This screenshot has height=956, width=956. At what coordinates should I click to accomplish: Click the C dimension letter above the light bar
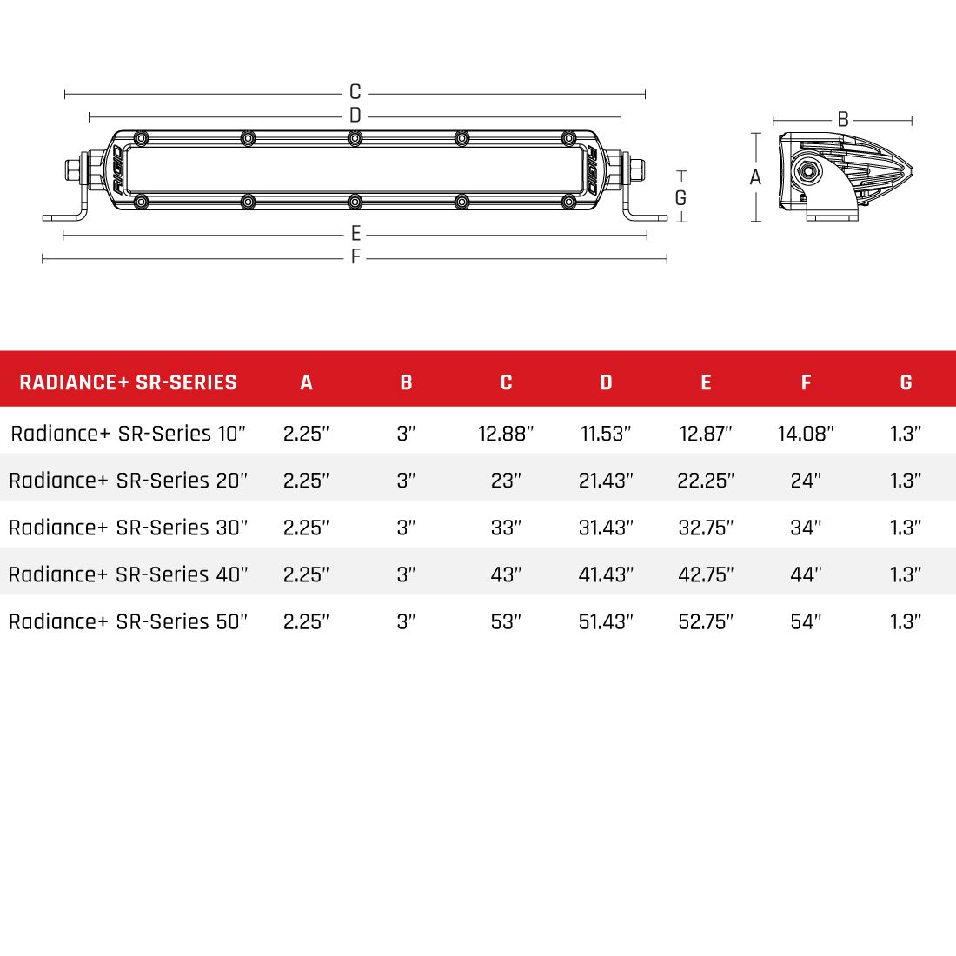pos(355,92)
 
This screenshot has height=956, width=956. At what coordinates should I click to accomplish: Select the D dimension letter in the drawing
pos(355,116)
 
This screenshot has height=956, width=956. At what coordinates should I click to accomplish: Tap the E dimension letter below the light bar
pos(355,235)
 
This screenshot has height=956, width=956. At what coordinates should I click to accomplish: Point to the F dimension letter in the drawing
pos(355,258)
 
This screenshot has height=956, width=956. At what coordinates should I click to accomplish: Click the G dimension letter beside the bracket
pos(680,198)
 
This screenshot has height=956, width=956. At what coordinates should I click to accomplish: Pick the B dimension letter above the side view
pos(842,120)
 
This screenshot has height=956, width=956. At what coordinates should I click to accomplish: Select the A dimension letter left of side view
pos(755,178)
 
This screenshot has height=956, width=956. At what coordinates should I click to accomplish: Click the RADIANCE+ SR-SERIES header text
pos(128,382)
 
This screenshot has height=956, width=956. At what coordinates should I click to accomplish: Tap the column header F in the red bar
pos(806,382)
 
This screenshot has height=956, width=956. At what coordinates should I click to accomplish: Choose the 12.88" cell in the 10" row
pos(506,434)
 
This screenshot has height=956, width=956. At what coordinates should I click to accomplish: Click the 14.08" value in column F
pos(806,434)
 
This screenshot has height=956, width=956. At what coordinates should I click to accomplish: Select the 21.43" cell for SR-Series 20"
pos(606,481)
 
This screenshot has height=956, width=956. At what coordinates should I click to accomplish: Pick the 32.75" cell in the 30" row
pos(706,528)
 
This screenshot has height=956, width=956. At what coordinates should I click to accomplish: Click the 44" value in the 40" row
pos(806,574)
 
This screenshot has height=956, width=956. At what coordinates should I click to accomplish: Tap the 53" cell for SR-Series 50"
pos(506,621)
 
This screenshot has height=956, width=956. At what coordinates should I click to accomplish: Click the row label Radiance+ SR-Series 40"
pos(129,574)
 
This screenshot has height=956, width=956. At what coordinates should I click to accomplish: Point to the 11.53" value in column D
pos(606,434)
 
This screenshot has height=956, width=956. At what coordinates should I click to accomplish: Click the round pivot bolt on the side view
pos(810,170)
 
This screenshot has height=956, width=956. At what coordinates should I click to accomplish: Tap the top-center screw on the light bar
pos(355,138)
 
